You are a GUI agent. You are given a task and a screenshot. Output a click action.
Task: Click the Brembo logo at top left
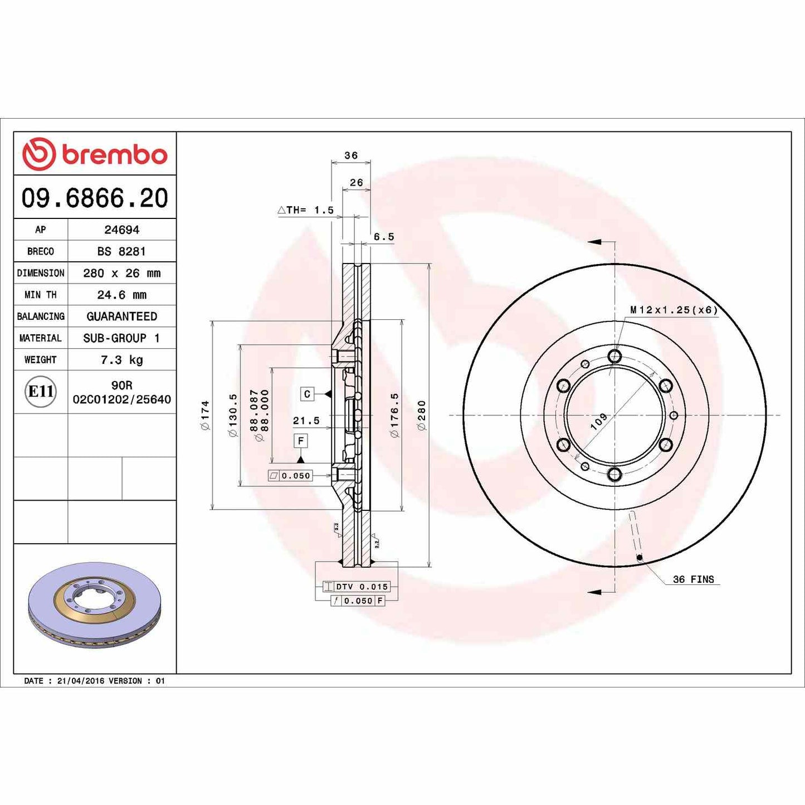click(x=95, y=154)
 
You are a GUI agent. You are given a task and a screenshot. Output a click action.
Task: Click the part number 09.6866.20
click(x=95, y=198)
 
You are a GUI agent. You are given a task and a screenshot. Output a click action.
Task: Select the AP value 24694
click(x=121, y=230)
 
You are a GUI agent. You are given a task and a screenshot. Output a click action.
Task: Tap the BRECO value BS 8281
click(x=121, y=251)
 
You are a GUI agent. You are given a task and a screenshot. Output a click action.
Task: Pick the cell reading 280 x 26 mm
click(x=121, y=273)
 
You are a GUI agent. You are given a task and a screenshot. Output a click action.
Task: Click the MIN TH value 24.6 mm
click(x=121, y=295)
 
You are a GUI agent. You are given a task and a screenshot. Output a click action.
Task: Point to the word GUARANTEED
click(x=121, y=316)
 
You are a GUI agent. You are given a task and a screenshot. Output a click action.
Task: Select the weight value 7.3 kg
click(x=121, y=360)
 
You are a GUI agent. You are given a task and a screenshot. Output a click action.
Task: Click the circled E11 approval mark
click(x=41, y=392)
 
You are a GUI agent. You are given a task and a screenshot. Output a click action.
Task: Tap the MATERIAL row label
click(x=40, y=338)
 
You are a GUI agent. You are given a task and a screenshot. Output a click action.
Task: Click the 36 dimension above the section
click(x=351, y=155)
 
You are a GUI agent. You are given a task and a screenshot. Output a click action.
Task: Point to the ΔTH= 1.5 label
click(x=306, y=210)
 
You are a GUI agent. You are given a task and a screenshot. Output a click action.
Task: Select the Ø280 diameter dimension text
click(x=422, y=415)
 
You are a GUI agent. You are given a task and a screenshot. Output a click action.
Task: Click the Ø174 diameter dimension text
click(x=205, y=415)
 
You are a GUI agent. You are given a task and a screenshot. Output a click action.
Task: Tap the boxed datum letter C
click(x=307, y=394)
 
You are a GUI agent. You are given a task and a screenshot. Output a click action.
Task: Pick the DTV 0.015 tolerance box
click(x=357, y=587)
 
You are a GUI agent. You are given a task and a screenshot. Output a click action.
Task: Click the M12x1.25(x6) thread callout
click(x=674, y=310)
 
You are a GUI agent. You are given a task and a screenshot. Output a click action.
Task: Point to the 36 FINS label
click(x=693, y=579)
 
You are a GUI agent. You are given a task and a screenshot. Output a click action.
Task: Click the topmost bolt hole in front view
click(x=614, y=355)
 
